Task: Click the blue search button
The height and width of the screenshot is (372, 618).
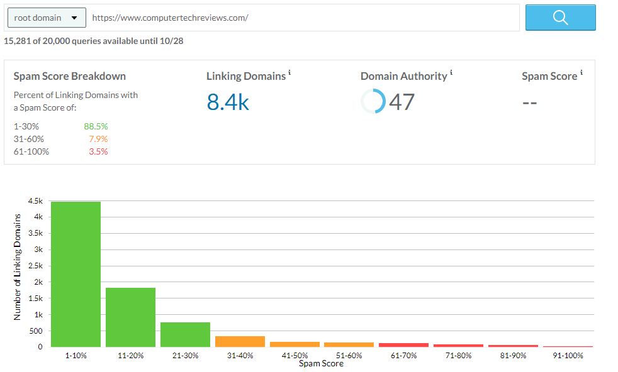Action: point(560,18)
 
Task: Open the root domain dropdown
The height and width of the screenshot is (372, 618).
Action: point(46,18)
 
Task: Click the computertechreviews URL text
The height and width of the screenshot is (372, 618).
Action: point(170,18)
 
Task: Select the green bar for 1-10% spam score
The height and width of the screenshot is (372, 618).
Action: point(76,274)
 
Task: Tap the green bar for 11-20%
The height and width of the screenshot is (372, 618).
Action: point(130,317)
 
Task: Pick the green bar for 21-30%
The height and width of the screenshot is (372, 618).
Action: point(185,334)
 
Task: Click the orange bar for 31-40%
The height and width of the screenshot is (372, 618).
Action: point(240,341)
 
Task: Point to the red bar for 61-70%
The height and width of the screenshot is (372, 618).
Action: point(403,344)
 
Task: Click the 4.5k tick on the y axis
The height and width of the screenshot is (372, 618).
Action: point(35,201)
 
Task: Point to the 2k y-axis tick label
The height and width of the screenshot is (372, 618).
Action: point(37,282)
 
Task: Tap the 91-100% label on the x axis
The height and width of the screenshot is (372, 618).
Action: point(568,356)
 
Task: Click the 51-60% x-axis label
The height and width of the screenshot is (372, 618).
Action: point(349,356)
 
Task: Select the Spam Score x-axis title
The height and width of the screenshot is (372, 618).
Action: point(321,364)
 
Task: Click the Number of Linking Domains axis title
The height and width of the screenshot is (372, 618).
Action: point(18,267)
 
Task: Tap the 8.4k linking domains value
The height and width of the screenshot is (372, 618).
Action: point(228,101)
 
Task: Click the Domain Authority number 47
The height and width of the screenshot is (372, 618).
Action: point(402,101)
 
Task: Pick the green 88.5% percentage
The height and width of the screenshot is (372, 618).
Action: point(96,126)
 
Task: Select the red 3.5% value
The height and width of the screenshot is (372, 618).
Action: point(98,151)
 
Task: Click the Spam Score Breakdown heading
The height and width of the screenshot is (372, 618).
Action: point(70,76)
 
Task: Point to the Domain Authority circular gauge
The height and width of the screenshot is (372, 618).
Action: point(373,101)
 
